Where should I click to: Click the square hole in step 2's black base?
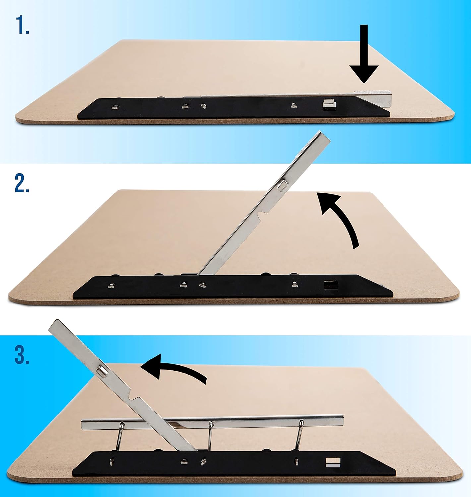pyautogui.click(x=329, y=285)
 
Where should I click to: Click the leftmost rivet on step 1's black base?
pyautogui.click(x=115, y=106)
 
